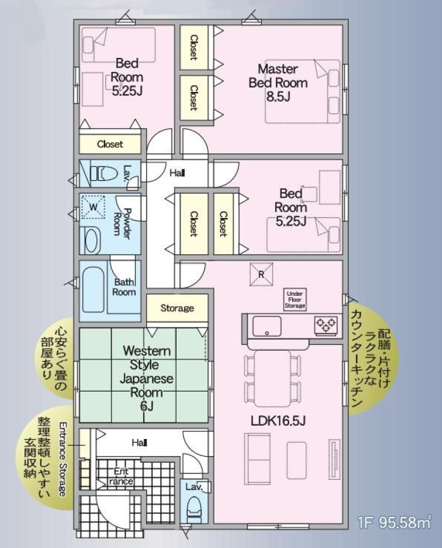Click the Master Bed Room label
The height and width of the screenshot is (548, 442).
pos(278,76)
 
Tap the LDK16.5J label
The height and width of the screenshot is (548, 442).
pos(278,421)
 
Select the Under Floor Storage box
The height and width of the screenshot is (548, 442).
pos(295,300)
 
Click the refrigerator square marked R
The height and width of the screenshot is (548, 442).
pos(261,275)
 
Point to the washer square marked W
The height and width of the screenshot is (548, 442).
pos(93,206)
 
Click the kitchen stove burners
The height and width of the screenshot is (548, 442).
pos(326,325)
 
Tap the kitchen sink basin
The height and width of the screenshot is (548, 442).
pos(267,326)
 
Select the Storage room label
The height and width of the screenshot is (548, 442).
pos(177,308)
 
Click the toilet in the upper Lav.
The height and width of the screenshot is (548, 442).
pos(103,173)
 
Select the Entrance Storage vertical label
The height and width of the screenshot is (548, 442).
pos(63,458)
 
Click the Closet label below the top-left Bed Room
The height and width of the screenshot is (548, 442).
pos(110,144)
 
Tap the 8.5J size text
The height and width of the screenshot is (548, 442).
pos(278,96)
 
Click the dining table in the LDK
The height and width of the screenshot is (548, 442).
pos(273,378)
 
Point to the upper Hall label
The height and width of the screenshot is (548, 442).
pos(177,173)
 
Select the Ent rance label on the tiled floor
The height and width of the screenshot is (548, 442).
pos(121,476)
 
